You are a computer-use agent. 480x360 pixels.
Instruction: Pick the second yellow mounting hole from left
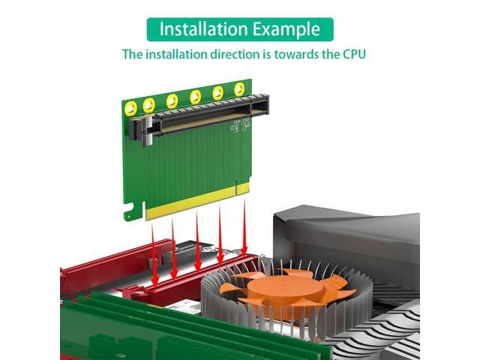click(x=148, y=104)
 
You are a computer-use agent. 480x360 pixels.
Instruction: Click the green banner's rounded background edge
click(x=150, y=29)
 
